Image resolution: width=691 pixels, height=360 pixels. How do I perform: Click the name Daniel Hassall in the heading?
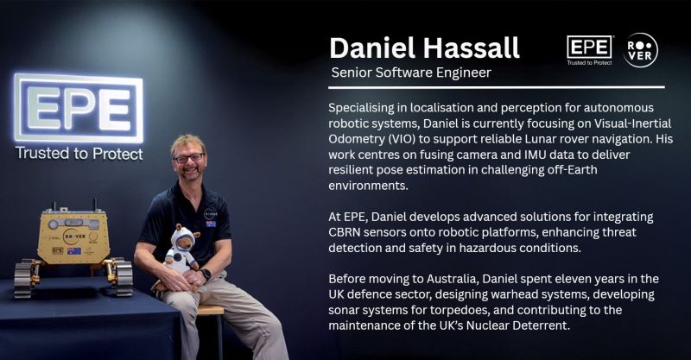[x=424, y=48]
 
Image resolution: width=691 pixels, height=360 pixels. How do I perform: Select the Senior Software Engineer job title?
[x=411, y=73]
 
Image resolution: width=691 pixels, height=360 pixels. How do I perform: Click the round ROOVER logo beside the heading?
[x=641, y=50]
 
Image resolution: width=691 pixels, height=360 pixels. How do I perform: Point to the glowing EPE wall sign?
[x=79, y=108]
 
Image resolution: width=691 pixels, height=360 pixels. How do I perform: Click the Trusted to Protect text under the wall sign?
[x=79, y=154]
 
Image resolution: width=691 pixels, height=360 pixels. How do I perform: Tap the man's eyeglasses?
[x=188, y=158]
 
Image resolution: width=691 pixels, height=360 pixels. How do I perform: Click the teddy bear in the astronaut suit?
[x=182, y=250]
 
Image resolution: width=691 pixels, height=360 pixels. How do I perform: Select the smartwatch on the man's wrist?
[x=206, y=274]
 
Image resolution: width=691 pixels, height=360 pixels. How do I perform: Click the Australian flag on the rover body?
[x=74, y=250]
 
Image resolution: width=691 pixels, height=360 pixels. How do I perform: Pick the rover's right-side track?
[x=120, y=277]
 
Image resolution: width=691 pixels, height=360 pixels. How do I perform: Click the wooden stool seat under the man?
[x=210, y=310]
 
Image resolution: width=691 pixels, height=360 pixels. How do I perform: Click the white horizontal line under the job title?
[x=497, y=87]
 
